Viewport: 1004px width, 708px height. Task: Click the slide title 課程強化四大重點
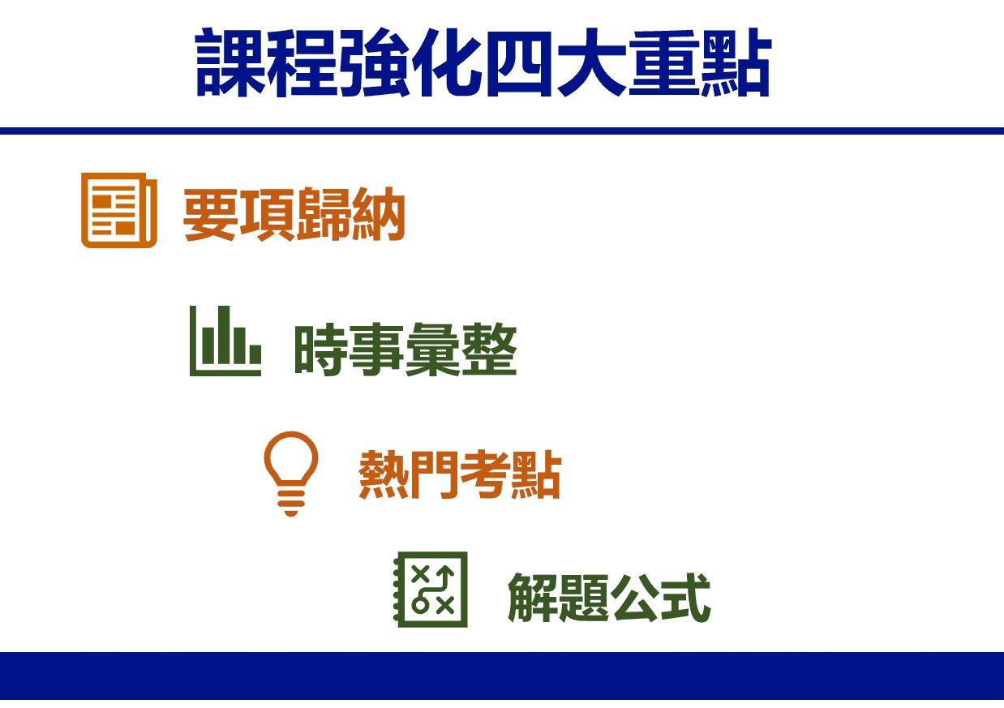click(483, 62)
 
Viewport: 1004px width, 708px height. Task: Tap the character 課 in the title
click(231, 62)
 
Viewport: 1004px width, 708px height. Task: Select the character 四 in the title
click(519, 63)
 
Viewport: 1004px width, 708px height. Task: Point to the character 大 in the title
click(591, 62)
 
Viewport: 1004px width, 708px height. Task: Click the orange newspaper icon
click(119, 210)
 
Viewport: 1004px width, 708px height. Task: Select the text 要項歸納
click(294, 214)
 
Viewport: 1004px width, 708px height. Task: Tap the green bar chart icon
click(225, 341)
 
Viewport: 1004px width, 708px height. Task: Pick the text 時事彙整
click(405, 349)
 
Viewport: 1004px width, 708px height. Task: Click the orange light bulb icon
click(291, 473)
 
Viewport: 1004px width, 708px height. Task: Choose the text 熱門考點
click(460, 474)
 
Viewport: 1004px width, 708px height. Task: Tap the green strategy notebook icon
click(431, 590)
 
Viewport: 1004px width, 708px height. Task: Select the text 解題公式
click(609, 598)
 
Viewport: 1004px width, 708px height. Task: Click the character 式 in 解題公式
click(686, 598)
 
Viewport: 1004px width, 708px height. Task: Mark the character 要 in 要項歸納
click(210, 214)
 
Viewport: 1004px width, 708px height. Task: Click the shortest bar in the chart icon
click(255, 354)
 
